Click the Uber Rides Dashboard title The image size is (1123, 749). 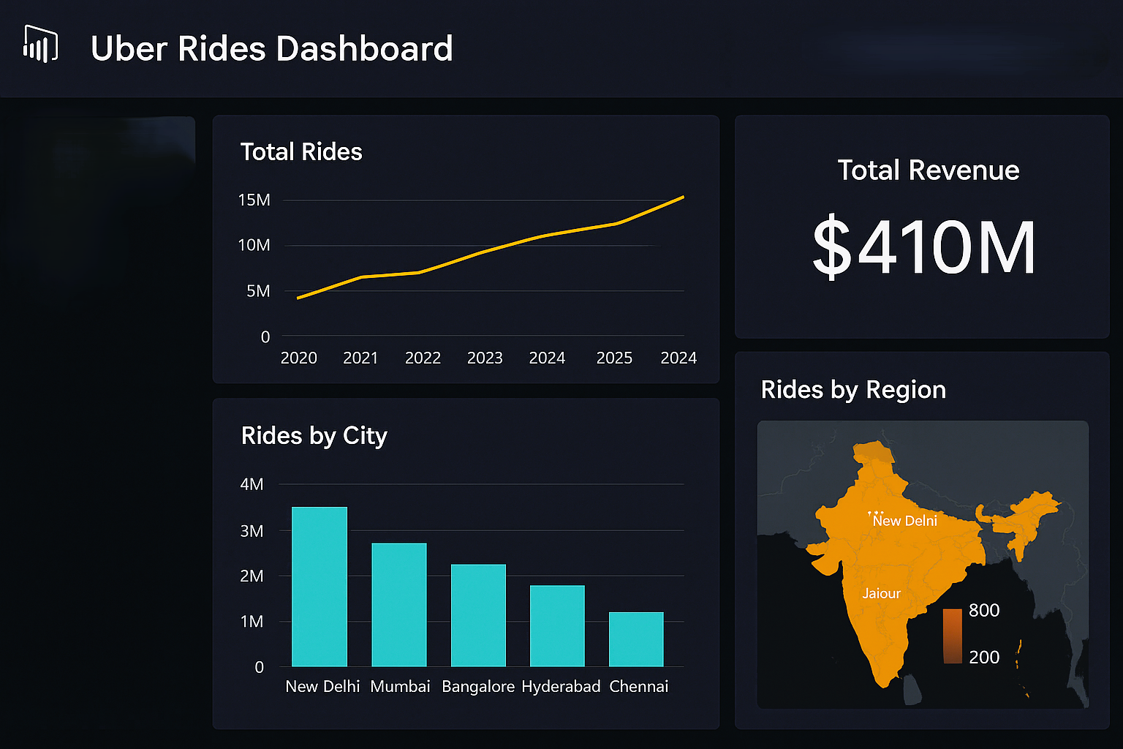(271, 49)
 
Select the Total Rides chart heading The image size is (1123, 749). (301, 151)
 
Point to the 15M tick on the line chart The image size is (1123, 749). (254, 200)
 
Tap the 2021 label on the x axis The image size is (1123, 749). (360, 358)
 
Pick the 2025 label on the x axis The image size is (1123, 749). (614, 358)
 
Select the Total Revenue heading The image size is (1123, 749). (928, 170)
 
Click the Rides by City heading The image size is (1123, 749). (314, 436)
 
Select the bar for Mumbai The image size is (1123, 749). (398, 605)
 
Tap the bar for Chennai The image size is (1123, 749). (636, 639)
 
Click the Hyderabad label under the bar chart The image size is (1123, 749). (561, 686)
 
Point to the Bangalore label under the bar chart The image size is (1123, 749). (478, 686)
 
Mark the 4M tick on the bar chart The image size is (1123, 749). (252, 484)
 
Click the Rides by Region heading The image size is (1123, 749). (853, 390)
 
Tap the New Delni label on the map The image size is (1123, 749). (904, 521)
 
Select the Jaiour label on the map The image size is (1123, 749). (881, 593)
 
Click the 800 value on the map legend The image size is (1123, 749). (984, 610)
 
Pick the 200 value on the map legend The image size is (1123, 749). (984, 657)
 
